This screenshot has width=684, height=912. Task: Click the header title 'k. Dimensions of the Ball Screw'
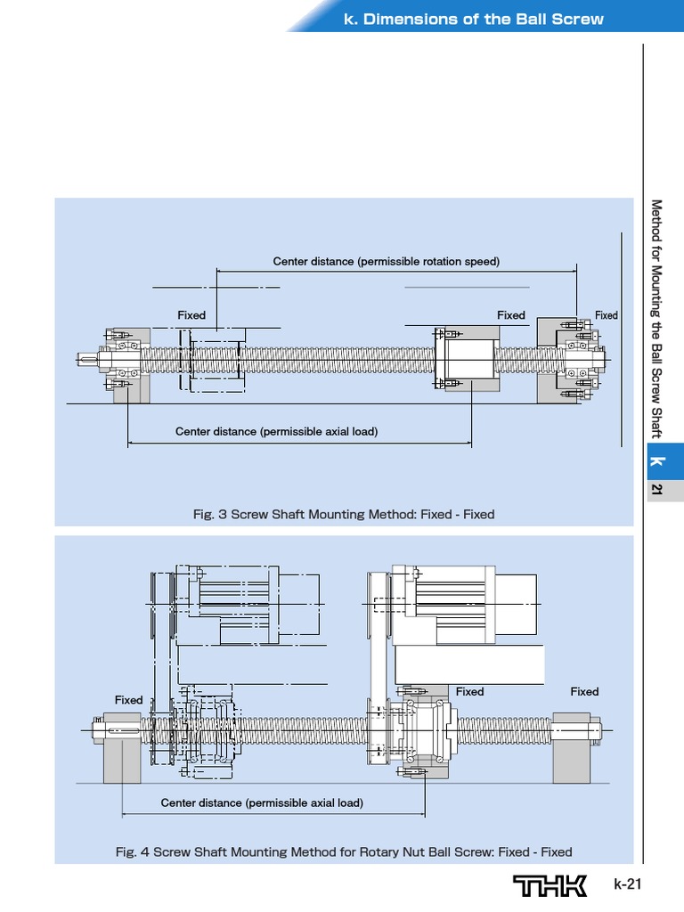(x=473, y=19)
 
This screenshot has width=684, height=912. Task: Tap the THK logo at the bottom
(x=550, y=885)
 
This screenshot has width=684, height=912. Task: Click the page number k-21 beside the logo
(x=627, y=884)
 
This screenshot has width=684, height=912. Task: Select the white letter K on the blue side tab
(x=657, y=460)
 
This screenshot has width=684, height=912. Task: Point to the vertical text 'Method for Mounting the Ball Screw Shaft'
(x=657, y=319)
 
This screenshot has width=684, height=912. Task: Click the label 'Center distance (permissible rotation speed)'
(x=386, y=261)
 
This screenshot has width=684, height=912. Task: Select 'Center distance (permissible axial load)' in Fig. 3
(x=276, y=431)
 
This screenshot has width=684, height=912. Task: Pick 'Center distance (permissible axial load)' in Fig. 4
(x=262, y=802)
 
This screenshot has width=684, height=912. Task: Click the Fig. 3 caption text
(x=344, y=514)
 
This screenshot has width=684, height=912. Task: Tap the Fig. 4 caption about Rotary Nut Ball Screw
(x=344, y=851)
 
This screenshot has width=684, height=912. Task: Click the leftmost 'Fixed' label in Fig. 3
(x=191, y=315)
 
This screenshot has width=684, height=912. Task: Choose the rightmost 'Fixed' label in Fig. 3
(x=607, y=315)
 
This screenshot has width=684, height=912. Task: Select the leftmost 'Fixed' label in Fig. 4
(x=128, y=700)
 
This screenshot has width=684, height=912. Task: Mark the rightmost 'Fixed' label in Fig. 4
(x=584, y=691)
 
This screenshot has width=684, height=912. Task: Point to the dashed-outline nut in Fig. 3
(x=214, y=359)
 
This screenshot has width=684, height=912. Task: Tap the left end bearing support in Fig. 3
(x=125, y=362)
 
